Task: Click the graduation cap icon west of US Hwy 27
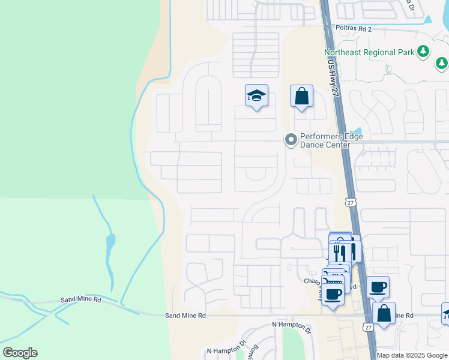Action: click(x=256, y=96)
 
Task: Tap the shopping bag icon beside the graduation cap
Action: click(x=301, y=96)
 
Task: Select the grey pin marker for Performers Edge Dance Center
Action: click(x=291, y=140)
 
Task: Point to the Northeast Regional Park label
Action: click(x=369, y=52)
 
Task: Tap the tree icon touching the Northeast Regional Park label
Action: click(x=424, y=51)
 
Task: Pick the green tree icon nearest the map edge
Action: click(x=442, y=62)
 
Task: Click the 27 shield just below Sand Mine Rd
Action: click(x=368, y=327)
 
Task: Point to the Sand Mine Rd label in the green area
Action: click(x=81, y=299)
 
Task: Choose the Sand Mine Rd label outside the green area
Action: click(x=185, y=315)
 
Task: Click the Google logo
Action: click(x=20, y=353)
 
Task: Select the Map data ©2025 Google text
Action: click(x=412, y=355)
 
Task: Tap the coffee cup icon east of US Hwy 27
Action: click(x=378, y=287)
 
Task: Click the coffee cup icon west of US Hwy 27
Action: click(x=333, y=294)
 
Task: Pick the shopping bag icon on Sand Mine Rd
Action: click(x=384, y=313)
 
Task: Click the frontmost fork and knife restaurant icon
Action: click(x=340, y=250)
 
